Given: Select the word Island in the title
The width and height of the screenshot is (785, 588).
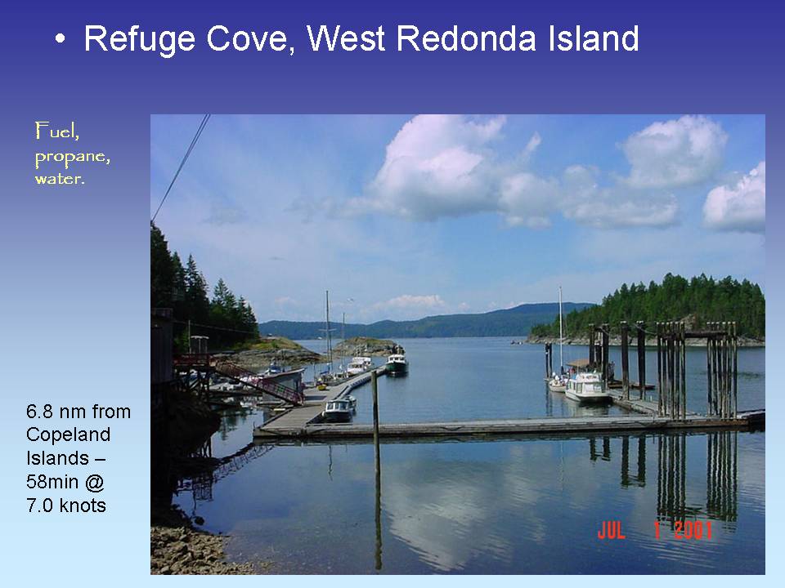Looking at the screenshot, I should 596,39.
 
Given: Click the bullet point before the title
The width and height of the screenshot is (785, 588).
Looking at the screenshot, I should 59,40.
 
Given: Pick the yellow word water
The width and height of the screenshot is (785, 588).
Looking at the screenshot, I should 59,177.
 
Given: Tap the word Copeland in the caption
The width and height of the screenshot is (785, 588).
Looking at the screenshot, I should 68,434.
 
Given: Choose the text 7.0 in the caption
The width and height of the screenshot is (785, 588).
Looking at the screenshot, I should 41,505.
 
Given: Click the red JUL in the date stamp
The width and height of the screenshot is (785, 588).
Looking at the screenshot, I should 611,531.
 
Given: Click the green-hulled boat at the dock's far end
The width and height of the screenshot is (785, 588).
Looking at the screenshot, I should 397,364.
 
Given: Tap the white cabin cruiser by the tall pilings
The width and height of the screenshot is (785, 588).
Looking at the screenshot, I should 586,386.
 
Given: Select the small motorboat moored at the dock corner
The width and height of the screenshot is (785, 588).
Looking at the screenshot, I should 339,408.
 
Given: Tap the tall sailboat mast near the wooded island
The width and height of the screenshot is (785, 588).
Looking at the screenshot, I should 560,327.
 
